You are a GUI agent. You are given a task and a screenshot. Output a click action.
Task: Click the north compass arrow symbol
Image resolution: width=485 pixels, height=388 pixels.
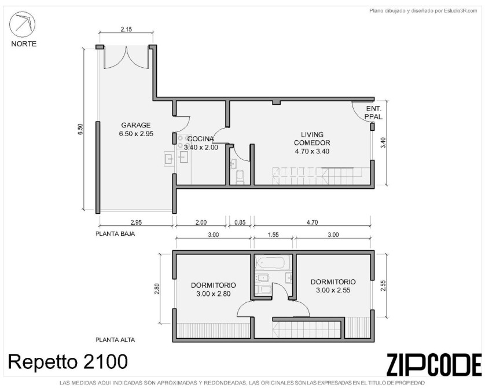[x=22, y=24]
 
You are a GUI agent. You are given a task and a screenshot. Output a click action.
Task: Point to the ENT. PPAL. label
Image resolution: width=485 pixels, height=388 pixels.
[x=374, y=113]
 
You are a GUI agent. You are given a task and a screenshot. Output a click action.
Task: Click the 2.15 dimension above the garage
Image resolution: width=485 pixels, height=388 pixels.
[x=126, y=30]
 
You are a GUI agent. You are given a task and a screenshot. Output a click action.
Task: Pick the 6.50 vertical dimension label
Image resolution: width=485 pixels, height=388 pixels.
[x=80, y=129]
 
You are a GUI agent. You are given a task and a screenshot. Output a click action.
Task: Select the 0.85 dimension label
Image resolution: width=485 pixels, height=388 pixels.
[x=240, y=222]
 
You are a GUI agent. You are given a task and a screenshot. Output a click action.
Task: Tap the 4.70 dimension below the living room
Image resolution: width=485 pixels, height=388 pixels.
[x=312, y=222]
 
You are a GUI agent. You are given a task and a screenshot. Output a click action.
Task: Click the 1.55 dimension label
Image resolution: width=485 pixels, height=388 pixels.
[x=273, y=235]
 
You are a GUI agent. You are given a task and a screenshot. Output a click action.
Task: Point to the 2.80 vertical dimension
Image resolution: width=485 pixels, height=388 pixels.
[x=157, y=288]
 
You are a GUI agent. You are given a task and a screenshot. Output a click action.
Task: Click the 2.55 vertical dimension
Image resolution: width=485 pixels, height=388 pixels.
[x=383, y=285]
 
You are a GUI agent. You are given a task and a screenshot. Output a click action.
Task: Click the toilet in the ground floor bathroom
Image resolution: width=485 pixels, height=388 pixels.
[x=240, y=177]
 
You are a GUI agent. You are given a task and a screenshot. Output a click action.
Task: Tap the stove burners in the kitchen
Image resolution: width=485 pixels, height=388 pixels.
[x=183, y=142]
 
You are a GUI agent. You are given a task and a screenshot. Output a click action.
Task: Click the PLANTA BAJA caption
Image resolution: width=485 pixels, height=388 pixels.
[x=115, y=233]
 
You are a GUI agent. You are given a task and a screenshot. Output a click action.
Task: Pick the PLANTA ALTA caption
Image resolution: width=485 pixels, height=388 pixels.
[x=115, y=340]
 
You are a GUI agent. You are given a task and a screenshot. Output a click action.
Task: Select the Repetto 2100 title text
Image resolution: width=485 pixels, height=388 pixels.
[x=68, y=361]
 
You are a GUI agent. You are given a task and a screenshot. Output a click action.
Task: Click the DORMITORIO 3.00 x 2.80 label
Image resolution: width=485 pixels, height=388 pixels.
[x=214, y=290]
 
